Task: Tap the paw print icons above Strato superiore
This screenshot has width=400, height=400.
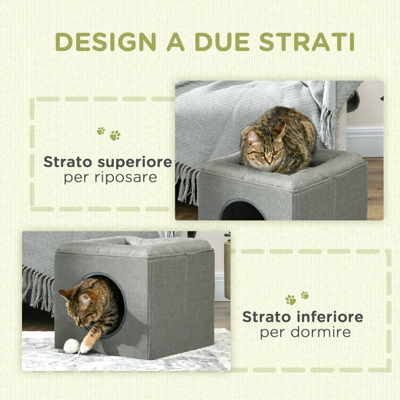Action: pyautogui.click(x=108, y=133)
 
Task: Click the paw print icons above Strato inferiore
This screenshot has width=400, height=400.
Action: pyautogui.click(x=297, y=298)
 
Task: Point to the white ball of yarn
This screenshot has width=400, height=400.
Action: pyautogui.click(x=71, y=346)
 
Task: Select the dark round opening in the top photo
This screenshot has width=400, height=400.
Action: pyautogui.click(x=242, y=212)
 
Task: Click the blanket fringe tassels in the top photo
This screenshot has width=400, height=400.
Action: pyautogui.click(x=187, y=182)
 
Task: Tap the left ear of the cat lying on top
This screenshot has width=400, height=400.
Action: pyautogui.click(x=253, y=136)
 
